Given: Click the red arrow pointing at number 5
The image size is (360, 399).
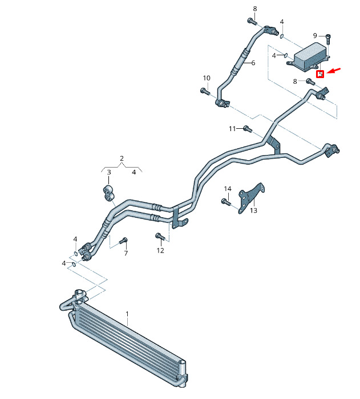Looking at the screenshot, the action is tap(333, 71).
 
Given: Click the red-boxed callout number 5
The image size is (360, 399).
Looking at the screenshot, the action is tap(320, 74).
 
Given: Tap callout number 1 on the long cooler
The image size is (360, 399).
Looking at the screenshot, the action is tap(127, 314).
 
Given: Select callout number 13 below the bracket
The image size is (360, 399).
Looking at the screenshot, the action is tap(253, 210).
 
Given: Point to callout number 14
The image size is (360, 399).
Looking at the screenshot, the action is tap(228, 189).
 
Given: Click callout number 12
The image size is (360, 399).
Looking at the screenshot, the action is tap(160, 250).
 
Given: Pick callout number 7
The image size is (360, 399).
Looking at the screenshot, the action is tap(126, 253).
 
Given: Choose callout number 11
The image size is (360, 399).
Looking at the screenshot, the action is tap(232, 129).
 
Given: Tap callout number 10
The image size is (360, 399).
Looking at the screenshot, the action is tap(207, 78).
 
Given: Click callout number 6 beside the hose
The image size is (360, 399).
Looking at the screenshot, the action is tap(253, 63).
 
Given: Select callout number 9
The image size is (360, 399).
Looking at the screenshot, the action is tap(315, 35).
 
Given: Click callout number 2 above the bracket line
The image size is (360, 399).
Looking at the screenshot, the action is tap(122, 158).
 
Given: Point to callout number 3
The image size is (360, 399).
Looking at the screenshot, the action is tap(109, 172).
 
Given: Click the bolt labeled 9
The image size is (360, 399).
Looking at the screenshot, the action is tap(328, 40).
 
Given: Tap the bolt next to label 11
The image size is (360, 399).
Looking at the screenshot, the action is tap(248, 129).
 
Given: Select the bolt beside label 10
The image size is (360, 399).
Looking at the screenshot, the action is tap(205, 91).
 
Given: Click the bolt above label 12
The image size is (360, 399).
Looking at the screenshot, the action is tap(160, 237).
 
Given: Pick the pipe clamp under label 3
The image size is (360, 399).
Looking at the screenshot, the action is tap(108, 193).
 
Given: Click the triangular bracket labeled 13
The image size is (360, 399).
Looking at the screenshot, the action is tap(251, 198).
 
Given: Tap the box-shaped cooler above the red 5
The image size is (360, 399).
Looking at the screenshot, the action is tap(309, 57).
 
